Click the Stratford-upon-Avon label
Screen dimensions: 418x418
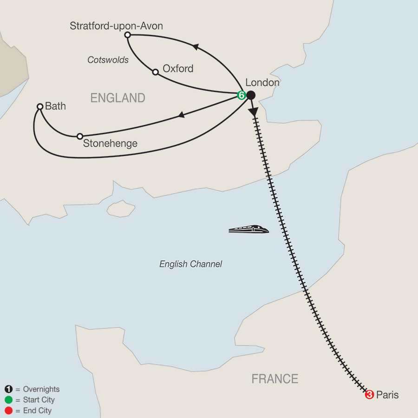[x=116, y=26]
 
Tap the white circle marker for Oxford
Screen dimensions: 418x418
[x=156, y=72]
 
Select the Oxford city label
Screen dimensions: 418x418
[x=178, y=69]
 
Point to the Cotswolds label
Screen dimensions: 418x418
[x=108, y=60]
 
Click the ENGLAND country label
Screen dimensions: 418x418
[x=118, y=98]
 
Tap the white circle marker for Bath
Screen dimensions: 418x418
[x=40, y=107]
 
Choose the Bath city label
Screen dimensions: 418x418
[x=56, y=106]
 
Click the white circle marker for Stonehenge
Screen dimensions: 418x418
[x=80, y=136]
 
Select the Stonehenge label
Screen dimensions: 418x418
[x=110, y=144]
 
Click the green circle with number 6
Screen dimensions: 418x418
[x=241, y=95]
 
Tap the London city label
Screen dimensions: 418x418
[x=262, y=83]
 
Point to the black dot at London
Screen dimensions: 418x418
[x=251, y=95]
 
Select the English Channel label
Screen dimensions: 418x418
[x=190, y=264]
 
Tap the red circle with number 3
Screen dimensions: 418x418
[x=370, y=395]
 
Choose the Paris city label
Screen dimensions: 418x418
[x=387, y=395]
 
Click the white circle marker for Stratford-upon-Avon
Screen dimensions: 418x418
[x=127, y=35]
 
